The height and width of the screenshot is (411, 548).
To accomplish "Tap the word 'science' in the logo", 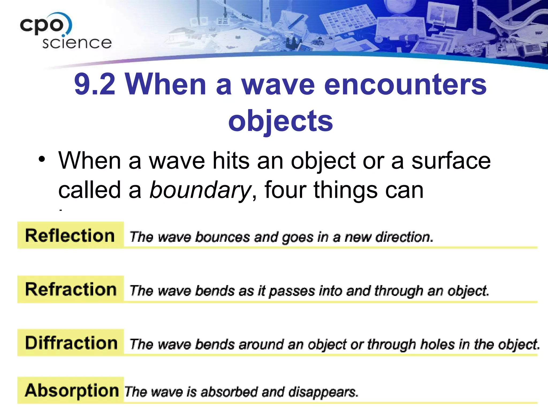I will click(77, 43).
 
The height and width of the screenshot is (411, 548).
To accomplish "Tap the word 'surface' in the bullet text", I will click(451, 161).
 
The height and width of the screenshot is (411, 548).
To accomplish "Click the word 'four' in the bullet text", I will click(285, 190).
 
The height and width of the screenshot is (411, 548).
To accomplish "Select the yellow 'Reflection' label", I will click(70, 236).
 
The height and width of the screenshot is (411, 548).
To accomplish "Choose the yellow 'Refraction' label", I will click(71, 290).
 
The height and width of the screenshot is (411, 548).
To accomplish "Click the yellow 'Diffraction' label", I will click(71, 343).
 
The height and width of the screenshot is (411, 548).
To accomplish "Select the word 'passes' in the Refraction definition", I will click(292, 291).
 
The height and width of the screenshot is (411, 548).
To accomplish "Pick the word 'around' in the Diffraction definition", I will click(261, 344).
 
